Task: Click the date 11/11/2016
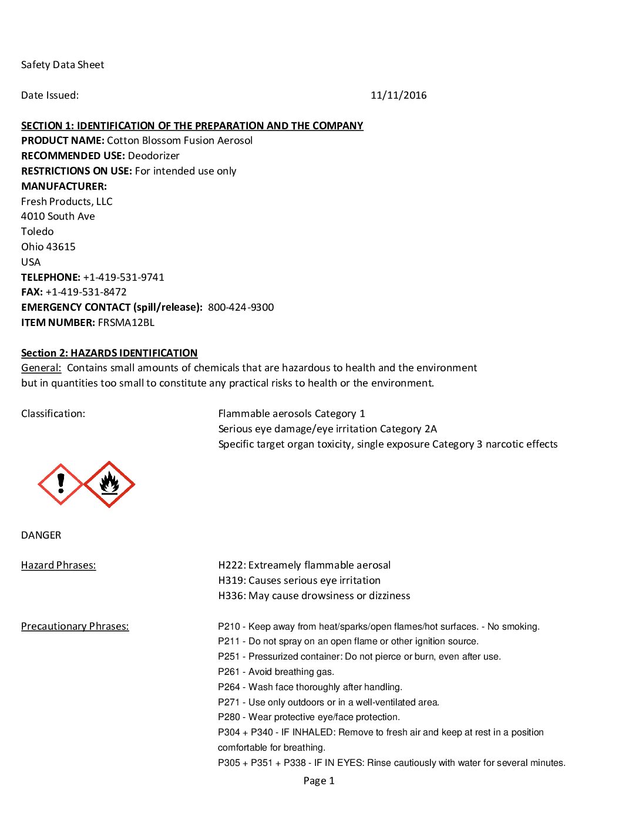(398, 95)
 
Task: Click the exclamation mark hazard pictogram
(60, 484)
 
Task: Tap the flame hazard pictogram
(109, 484)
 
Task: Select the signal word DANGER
(41, 535)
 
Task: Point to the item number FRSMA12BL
(126, 322)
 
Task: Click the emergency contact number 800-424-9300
(241, 307)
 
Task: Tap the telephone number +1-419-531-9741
(123, 277)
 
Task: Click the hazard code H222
(231, 565)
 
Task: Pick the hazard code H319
(231, 580)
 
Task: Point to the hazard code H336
(231, 596)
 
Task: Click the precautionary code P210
(229, 627)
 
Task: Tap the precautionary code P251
(229, 657)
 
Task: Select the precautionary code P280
(229, 717)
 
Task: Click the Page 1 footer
(319, 781)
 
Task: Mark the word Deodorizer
(153, 156)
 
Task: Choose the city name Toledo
(38, 231)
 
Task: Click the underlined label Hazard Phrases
(59, 565)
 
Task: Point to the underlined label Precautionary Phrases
(75, 626)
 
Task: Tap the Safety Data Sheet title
(63, 65)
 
